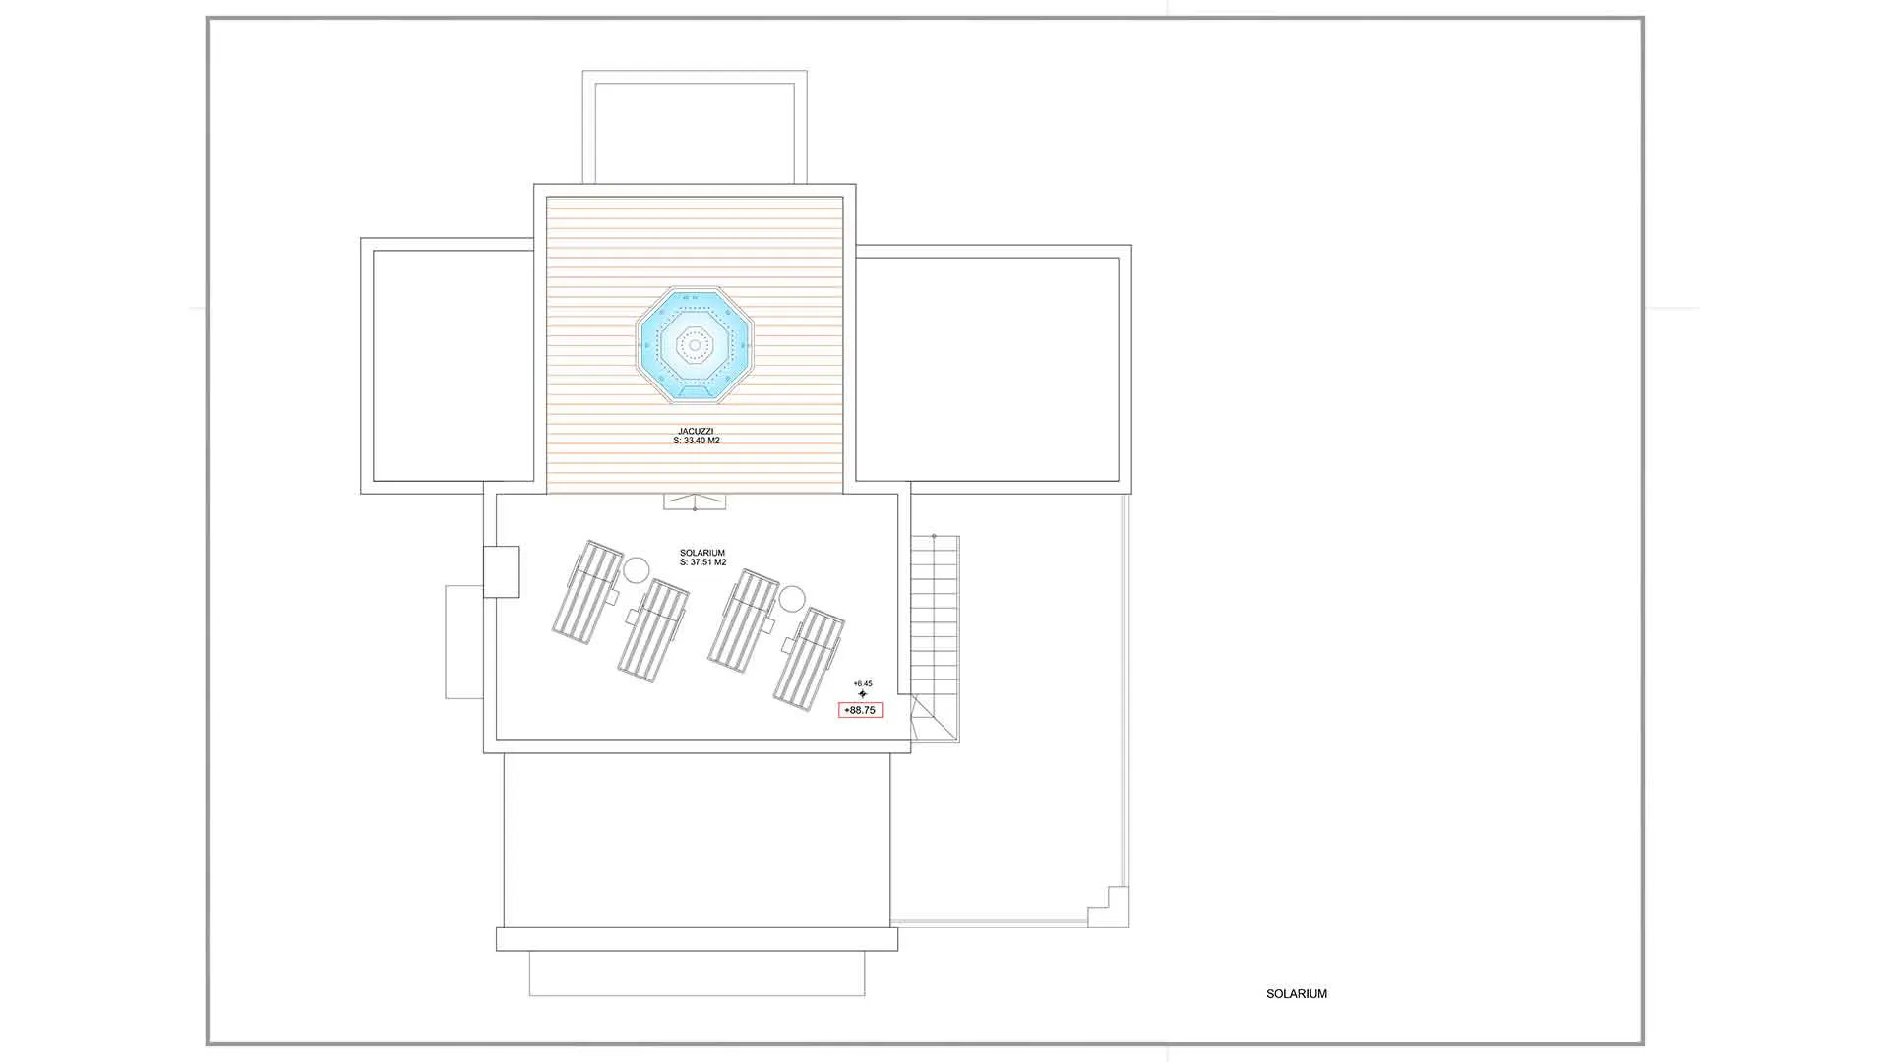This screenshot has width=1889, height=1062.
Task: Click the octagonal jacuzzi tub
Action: pyautogui.click(x=695, y=345)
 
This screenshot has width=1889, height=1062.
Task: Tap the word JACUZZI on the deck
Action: pyautogui.click(x=696, y=432)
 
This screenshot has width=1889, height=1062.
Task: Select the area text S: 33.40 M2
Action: pyautogui.click(x=697, y=441)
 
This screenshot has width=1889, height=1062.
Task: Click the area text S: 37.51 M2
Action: pyautogui.click(x=702, y=562)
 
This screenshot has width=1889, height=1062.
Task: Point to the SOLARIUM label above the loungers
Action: pyautogui.click(x=702, y=553)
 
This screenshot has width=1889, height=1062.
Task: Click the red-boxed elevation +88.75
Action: pyautogui.click(x=860, y=710)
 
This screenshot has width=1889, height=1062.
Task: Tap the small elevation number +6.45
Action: pyautogui.click(x=863, y=683)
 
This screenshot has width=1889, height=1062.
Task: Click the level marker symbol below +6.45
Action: pyautogui.click(x=863, y=694)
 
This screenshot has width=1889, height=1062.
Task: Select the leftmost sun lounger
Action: pyautogui.click(x=586, y=592)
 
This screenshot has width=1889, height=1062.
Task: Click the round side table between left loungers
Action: pyautogui.click(x=637, y=569)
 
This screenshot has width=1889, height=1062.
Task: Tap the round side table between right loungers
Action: pyautogui.click(x=792, y=598)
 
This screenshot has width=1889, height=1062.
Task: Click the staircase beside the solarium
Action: pyautogui.click(x=934, y=638)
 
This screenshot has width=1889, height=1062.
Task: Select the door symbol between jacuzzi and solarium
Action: pyautogui.click(x=695, y=501)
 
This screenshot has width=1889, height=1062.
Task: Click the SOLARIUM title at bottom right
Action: pyautogui.click(x=1297, y=994)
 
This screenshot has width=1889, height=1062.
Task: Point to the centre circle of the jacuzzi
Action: pyautogui.click(x=695, y=345)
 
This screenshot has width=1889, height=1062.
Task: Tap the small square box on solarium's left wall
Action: pyautogui.click(x=501, y=571)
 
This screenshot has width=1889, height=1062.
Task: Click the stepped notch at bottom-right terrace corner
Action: pyautogui.click(x=1108, y=907)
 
